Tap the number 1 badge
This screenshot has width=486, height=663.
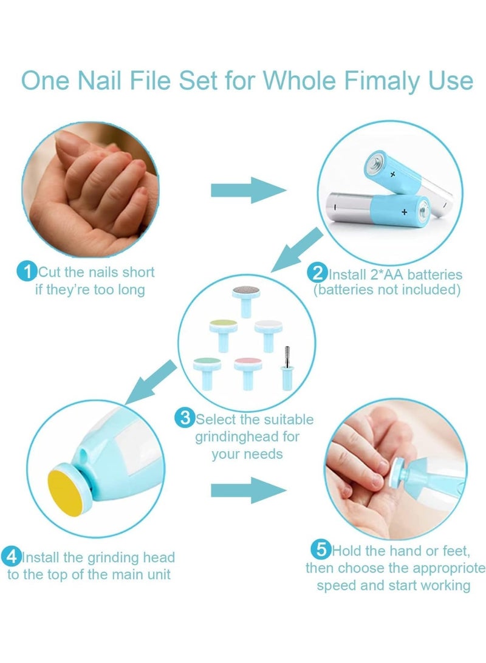click(27, 271)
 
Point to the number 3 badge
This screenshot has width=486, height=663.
click(184, 418)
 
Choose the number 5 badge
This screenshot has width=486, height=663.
click(320, 551)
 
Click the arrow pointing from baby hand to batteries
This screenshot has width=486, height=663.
click(248, 190)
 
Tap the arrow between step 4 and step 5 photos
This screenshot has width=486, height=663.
click(248, 489)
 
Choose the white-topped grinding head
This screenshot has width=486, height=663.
click(269, 331)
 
